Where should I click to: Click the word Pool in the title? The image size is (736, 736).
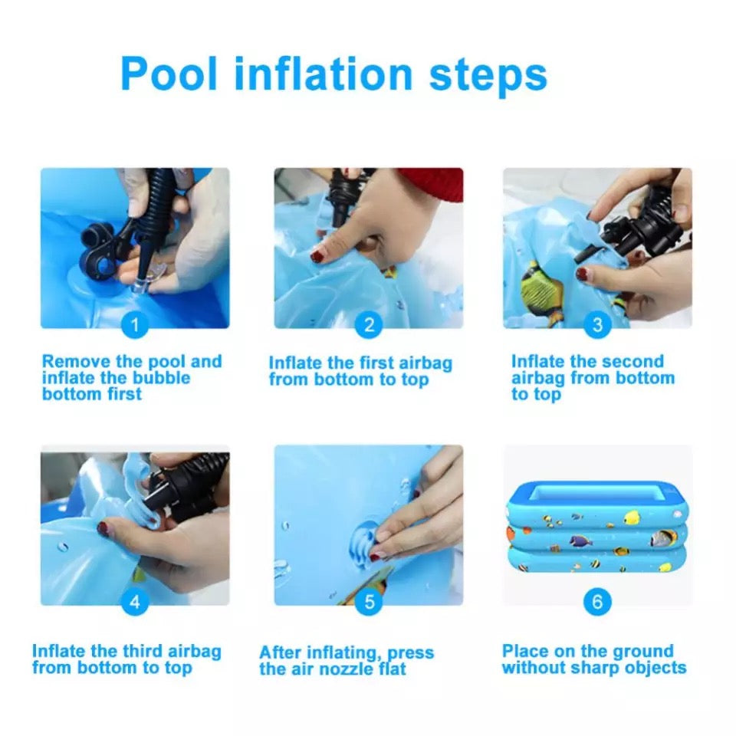tap(169, 74)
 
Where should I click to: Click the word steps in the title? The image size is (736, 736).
tap(488, 76)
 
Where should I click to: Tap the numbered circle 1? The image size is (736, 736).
tap(135, 325)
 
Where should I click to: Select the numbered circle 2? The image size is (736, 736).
tap(369, 325)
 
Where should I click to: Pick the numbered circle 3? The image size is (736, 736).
tap(597, 325)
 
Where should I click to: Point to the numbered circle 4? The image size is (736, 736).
tap(135, 602)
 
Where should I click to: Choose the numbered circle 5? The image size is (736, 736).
tap(369, 602)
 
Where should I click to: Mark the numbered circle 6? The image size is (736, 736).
tap(597, 602)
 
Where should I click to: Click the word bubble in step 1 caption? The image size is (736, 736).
tap(162, 378)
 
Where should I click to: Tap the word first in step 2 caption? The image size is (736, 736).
tap(377, 363)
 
